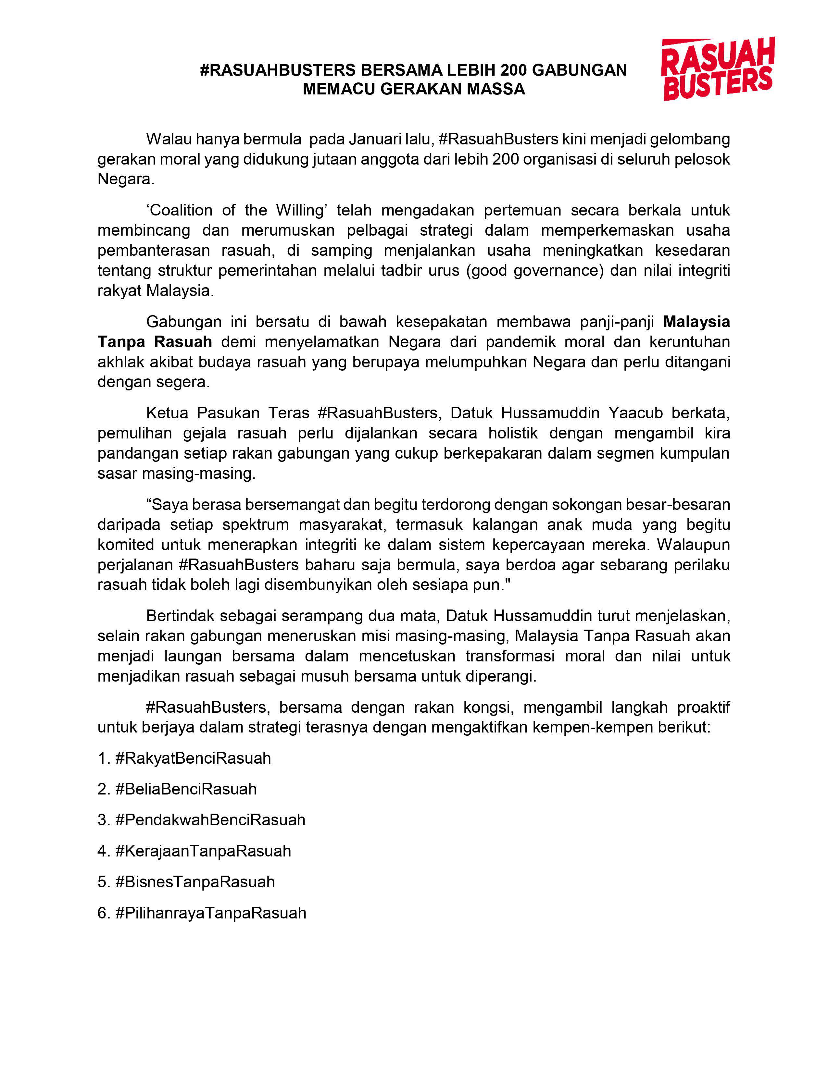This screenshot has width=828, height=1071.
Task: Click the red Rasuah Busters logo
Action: [717, 69]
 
